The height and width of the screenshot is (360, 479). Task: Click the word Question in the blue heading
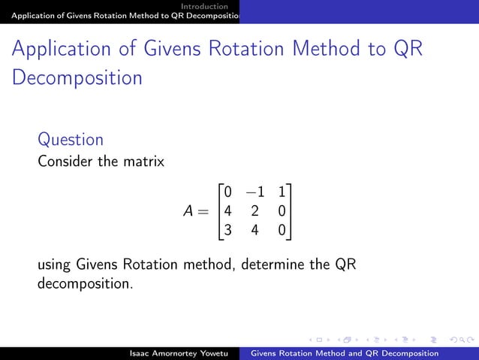click(71, 140)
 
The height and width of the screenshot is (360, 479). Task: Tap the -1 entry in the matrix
click(255, 192)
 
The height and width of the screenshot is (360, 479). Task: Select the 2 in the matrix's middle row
click(255, 212)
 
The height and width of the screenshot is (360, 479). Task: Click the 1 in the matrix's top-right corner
click(281, 192)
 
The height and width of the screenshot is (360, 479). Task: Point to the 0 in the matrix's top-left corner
click(227, 192)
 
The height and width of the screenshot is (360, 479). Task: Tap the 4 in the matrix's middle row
click(227, 212)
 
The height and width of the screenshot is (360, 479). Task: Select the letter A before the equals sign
click(190, 212)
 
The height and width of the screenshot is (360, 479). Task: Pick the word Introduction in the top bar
click(209, 6)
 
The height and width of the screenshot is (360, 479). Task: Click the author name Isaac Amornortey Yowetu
click(177, 353)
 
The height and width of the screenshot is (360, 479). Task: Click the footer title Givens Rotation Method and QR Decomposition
click(344, 353)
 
